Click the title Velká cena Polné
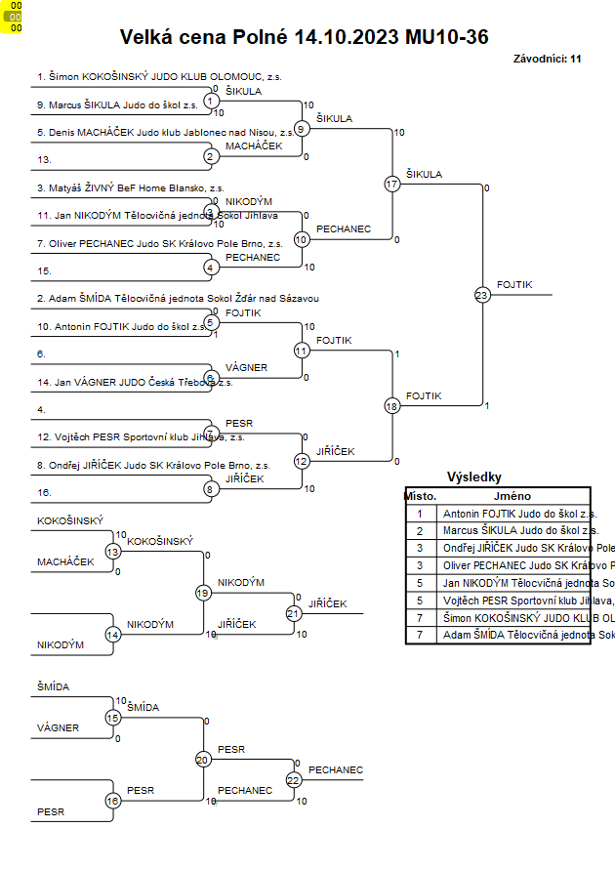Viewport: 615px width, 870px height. (x=304, y=37)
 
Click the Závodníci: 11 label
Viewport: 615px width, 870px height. (x=547, y=59)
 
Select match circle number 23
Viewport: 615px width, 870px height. (x=481, y=294)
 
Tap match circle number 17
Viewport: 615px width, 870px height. (x=392, y=184)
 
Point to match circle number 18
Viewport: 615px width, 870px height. (x=392, y=405)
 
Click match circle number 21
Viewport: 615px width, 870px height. (x=294, y=613)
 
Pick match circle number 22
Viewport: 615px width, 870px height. (x=294, y=779)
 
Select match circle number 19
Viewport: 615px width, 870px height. (x=203, y=592)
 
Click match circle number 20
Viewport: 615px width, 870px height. (x=203, y=759)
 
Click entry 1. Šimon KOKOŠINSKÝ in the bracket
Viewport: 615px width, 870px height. (x=159, y=75)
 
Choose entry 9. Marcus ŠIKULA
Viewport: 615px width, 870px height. (x=117, y=104)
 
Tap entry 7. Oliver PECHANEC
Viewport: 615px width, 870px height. (x=160, y=242)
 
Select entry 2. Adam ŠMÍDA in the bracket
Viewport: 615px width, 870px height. (x=179, y=298)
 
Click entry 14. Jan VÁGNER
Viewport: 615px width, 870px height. (x=135, y=382)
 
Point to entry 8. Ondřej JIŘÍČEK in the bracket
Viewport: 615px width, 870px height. (x=153, y=466)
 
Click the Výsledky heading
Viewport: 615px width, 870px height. (x=473, y=477)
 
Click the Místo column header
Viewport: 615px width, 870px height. (x=421, y=496)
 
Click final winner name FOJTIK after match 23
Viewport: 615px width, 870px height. (x=514, y=284)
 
